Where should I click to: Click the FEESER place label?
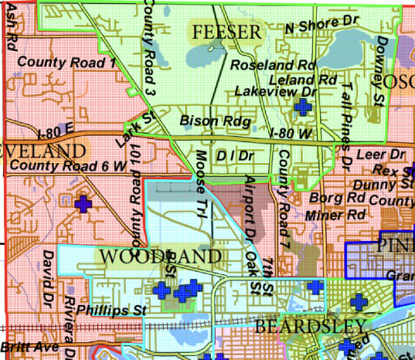point(227,32)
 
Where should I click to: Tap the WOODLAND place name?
point(160,256)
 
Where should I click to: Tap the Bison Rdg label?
point(206,120)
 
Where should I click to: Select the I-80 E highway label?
point(55,130)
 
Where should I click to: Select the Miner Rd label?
point(335,215)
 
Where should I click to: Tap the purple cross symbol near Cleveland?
point(81,204)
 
